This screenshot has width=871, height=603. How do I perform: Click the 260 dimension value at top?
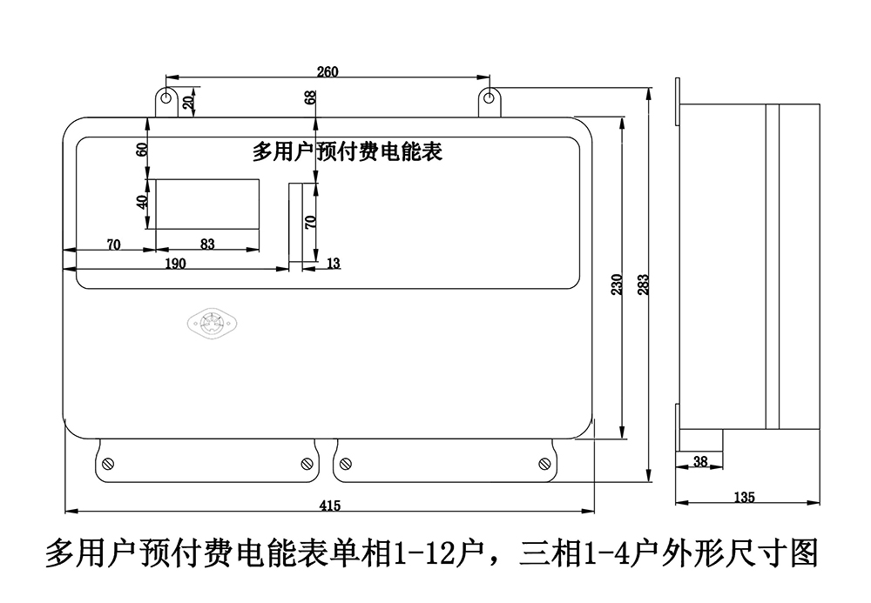[x=327, y=71]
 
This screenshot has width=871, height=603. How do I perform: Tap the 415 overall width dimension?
[x=329, y=506]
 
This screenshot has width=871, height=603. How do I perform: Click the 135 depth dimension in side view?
[x=745, y=498]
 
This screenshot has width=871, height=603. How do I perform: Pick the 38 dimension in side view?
[x=699, y=462]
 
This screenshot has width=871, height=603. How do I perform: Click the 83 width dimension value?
[x=207, y=245]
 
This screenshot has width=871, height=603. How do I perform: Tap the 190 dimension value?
[x=175, y=264]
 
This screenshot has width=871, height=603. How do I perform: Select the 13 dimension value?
[x=334, y=263]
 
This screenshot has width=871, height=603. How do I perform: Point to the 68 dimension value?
[x=311, y=97]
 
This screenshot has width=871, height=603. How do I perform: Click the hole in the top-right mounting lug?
[x=490, y=95]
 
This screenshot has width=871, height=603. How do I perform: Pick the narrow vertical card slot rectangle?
[x=300, y=224]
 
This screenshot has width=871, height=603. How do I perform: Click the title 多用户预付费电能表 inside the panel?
[x=348, y=152]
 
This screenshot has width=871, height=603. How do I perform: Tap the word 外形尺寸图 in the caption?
[x=739, y=553]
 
